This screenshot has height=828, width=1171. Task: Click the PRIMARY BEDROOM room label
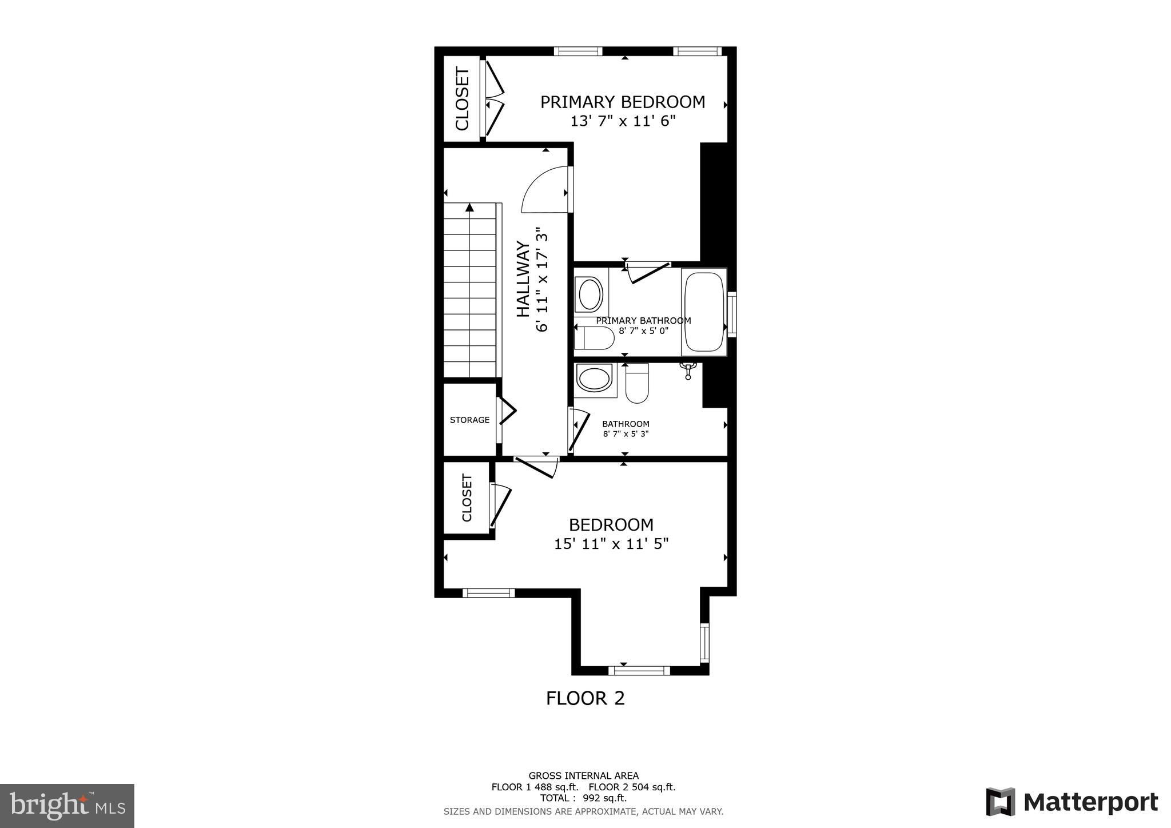[x=623, y=102]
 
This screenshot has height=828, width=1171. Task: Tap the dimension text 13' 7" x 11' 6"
[x=623, y=121]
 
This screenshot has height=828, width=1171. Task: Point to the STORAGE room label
[x=469, y=420]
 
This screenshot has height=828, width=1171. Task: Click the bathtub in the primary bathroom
[x=704, y=312]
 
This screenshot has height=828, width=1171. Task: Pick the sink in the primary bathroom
[x=590, y=294]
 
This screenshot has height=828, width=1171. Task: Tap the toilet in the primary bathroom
[x=594, y=338]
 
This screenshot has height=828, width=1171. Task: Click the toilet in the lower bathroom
[x=637, y=383]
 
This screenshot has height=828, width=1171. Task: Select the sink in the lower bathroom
[x=595, y=380]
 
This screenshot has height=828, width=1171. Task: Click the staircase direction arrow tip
[x=469, y=204]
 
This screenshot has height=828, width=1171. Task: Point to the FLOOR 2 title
[x=585, y=698]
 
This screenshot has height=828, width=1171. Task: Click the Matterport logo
[x=1072, y=802]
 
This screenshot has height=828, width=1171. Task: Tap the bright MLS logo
[x=67, y=806]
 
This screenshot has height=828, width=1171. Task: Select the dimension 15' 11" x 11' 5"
[x=611, y=543]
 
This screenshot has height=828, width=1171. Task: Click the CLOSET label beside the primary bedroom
[x=462, y=99]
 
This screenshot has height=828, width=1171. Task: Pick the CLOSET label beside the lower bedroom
[x=467, y=497]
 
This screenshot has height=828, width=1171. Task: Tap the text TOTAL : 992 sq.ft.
[x=583, y=798]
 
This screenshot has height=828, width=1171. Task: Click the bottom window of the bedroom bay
[x=639, y=670]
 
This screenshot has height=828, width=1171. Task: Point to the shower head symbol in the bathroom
[x=688, y=369]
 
